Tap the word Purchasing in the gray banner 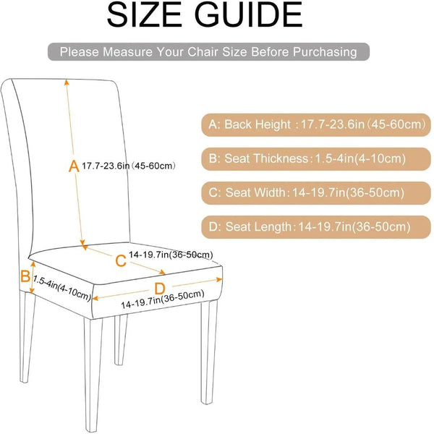[323, 52]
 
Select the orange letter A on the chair [73, 166]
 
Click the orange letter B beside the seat [25, 276]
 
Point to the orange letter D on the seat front [159, 289]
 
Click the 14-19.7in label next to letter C [171, 254]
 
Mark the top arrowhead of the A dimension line [68, 81]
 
